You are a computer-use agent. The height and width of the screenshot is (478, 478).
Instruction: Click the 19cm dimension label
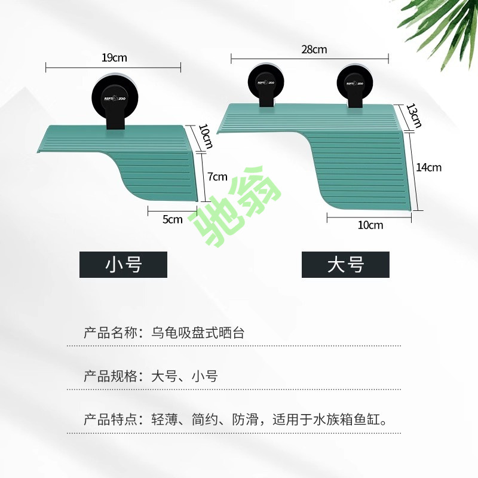tap(114, 58)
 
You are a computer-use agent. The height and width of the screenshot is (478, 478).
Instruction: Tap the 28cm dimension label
tap(314, 50)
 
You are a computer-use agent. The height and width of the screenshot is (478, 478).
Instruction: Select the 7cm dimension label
tap(218, 176)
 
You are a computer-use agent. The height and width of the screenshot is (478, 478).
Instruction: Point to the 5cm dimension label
tap(173, 219)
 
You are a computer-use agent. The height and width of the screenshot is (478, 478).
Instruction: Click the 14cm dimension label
tap(429, 167)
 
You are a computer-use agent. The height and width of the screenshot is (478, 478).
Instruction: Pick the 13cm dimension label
tap(413, 115)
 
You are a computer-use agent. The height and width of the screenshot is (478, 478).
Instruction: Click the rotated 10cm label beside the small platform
tap(205, 136)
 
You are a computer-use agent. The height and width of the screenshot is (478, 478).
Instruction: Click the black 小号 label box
tap(123, 264)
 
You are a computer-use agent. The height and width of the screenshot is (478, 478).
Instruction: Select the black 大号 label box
tap(345, 264)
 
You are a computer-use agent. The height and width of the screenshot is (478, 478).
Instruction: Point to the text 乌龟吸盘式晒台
tap(198, 333)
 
